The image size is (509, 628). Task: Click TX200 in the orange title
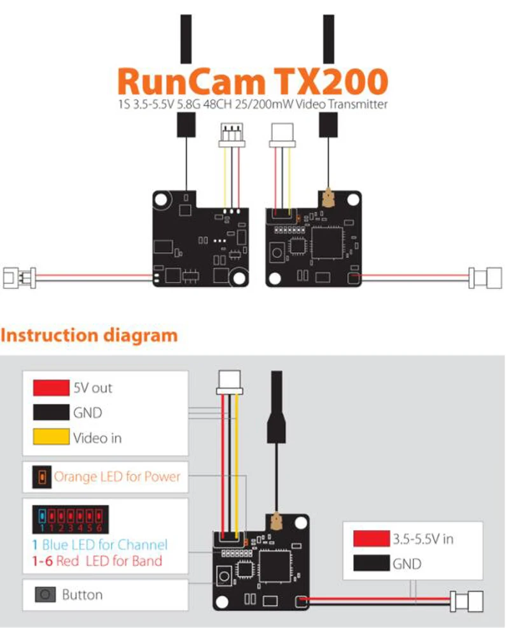click(331, 82)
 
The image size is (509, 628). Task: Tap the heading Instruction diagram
click(89, 335)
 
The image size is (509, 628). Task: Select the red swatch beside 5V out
click(51, 387)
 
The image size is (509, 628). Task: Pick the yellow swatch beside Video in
click(51, 438)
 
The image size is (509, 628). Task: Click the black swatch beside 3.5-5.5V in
click(371, 564)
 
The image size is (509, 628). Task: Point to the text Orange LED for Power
click(117, 476)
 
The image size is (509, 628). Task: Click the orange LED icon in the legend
click(42, 476)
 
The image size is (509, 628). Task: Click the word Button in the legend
click(82, 595)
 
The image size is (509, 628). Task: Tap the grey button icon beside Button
click(45, 595)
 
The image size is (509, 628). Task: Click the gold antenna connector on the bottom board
click(277, 522)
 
